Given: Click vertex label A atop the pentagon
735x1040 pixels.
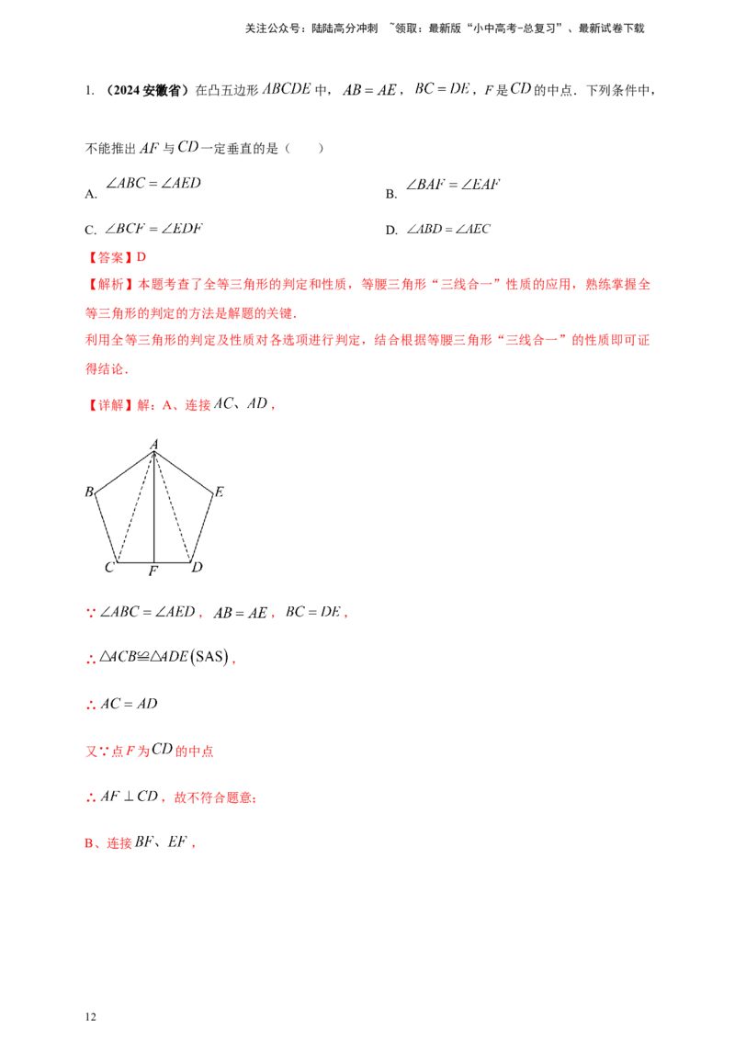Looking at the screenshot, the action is pyautogui.click(x=154, y=444).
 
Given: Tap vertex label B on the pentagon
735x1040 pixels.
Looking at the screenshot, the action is pyautogui.click(x=89, y=492).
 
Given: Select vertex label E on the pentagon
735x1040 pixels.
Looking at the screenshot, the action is pyautogui.click(x=219, y=492).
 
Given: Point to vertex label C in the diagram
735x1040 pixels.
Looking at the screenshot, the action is pyautogui.click(x=109, y=567).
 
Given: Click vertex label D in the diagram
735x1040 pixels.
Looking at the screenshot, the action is pyautogui.click(x=197, y=567).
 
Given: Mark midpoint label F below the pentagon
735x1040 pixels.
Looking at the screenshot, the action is pyautogui.click(x=153, y=571).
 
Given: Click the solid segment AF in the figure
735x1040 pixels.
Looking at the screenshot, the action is pyautogui.click(x=154, y=507).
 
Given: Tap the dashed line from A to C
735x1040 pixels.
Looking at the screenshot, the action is pyautogui.click(x=136, y=507).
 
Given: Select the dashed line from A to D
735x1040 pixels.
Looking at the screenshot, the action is pyautogui.click(x=173, y=507).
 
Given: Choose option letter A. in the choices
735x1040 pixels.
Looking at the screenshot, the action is pyautogui.click(x=91, y=195).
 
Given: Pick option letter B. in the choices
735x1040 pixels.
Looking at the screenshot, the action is pyautogui.click(x=391, y=195).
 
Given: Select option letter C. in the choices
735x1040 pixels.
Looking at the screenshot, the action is pyautogui.click(x=91, y=231).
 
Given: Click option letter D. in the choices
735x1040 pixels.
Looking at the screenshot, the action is pyautogui.click(x=391, y=231).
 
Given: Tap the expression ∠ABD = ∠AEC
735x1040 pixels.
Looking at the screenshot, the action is pyautogui.click(x=448, y=229).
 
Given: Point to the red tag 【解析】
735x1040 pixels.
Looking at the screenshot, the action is pyautogui.click(x=109, y=285).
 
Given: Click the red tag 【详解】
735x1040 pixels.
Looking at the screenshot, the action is pyautogui.click(x=109, y=404).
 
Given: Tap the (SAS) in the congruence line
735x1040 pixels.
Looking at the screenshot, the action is pyautogui.click(x=210, y=657).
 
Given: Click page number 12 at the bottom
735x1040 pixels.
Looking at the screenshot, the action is pyautogui.click(x=91, y=1017).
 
